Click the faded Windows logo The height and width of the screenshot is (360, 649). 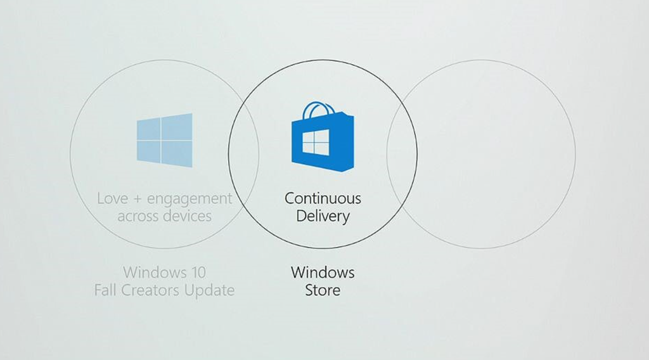[164, 141]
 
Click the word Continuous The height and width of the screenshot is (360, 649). [323, 198]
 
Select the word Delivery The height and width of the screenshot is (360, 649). [323, 216]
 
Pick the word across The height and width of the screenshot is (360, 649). [138, 216]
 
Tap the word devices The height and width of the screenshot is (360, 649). [188, 216]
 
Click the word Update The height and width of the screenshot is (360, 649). [213, 290]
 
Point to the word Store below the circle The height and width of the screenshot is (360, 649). [323, 290]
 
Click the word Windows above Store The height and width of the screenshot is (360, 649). [323, 273]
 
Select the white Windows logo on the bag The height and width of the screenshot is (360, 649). [316, 144]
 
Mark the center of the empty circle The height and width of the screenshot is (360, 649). [481, 154]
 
